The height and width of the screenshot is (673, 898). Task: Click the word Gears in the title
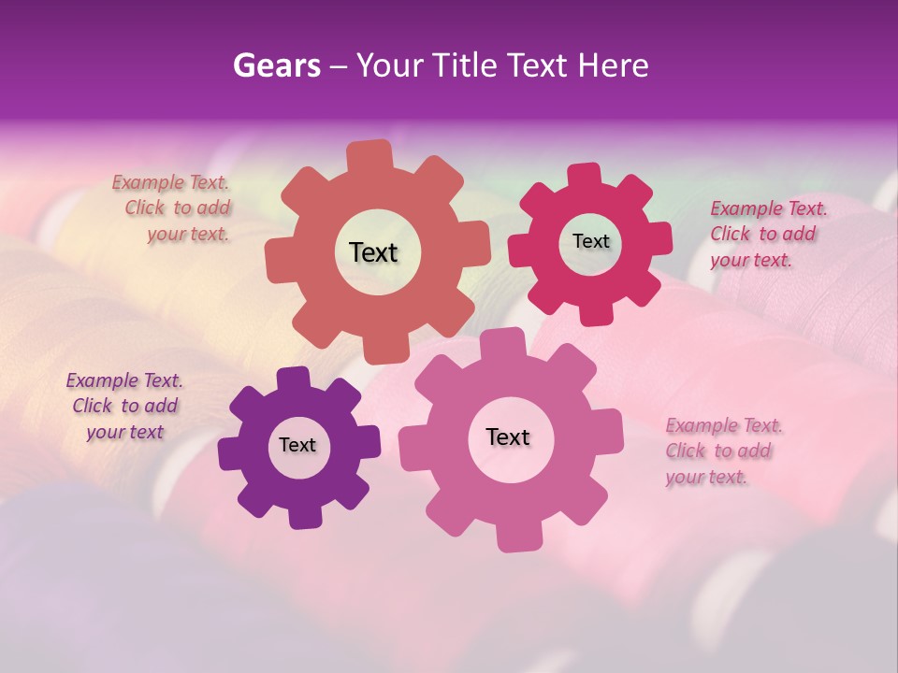pyautogui.click(x=276, y=65)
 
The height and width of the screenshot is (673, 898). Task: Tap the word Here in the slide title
pyautogui.click(x=613, y=65)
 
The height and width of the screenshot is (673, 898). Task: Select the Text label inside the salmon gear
pyautogui.click(x=373, y=252)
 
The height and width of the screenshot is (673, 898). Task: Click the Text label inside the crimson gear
pyautogui.click(x=590, y=241)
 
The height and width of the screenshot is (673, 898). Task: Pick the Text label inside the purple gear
pyautogui.click(x=297, y=446)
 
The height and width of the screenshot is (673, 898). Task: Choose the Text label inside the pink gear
pyautogui.click(x=508, y=437)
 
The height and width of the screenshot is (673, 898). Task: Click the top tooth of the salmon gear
pyautogui.click(x=370, y=155)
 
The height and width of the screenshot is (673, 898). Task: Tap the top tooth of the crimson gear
pyautogui.click(x=585, y=175)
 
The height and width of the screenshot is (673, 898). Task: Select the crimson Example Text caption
pyautogui.click(x=767, y=234)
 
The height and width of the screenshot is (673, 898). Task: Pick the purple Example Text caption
pyautogui.click(x=124, y=406)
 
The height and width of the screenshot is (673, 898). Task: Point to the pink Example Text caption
pyautogui.click(x=723, y=451)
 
